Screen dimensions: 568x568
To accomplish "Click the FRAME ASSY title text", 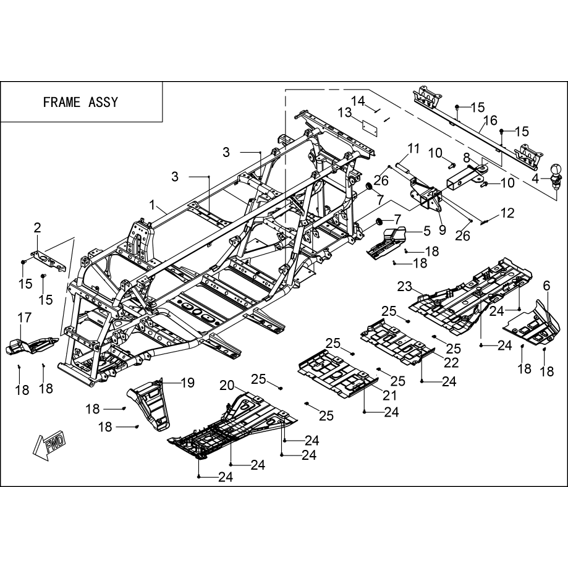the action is click(80, 102).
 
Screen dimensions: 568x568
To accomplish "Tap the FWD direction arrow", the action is click(49, 443).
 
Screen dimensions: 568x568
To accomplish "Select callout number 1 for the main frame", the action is click(153, 205).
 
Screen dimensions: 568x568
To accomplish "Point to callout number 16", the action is click(490, 120).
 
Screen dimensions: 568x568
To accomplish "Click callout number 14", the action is click(358, 101).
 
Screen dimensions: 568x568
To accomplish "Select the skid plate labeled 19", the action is click(149, 403).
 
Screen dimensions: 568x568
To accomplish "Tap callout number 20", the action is click(227, 386).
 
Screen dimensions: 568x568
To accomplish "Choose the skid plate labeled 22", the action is click(397, 341).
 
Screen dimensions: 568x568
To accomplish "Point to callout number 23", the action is click(405, 286).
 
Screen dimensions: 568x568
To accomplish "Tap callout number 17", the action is click(24, 318).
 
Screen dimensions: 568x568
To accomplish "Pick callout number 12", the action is click(507, 213).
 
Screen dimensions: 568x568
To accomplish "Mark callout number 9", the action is click(442, 229).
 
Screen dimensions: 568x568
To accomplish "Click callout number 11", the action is click(413, 149).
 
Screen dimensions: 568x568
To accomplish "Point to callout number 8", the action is click(466, 158).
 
